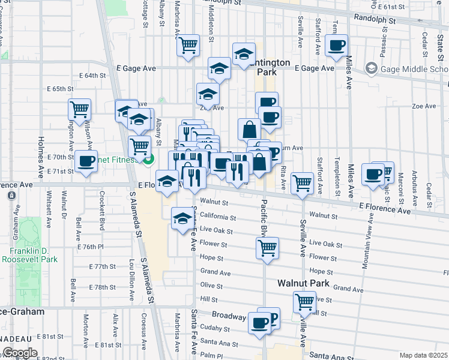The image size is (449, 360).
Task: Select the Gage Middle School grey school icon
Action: coord(371,68)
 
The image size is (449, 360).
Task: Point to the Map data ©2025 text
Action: coord(424,355)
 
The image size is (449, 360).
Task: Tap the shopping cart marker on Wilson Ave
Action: coord(79,109)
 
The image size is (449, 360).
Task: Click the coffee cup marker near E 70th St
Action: coord(86,161)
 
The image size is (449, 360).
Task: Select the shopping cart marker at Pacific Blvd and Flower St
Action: coord(267,247)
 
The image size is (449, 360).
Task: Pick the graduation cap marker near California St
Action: coord(182,219)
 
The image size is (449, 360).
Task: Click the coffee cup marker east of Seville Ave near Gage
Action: coord(337,45)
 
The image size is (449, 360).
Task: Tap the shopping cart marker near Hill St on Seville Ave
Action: coord(304,302)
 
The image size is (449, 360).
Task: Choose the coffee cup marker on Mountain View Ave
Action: coord(373,175)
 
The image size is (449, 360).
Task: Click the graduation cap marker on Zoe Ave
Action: coord(208,95)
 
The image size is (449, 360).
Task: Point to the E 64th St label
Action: coord(92,76)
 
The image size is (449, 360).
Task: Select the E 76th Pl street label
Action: coord(91,247)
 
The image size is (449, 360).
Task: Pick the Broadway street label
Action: coord(229,315)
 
